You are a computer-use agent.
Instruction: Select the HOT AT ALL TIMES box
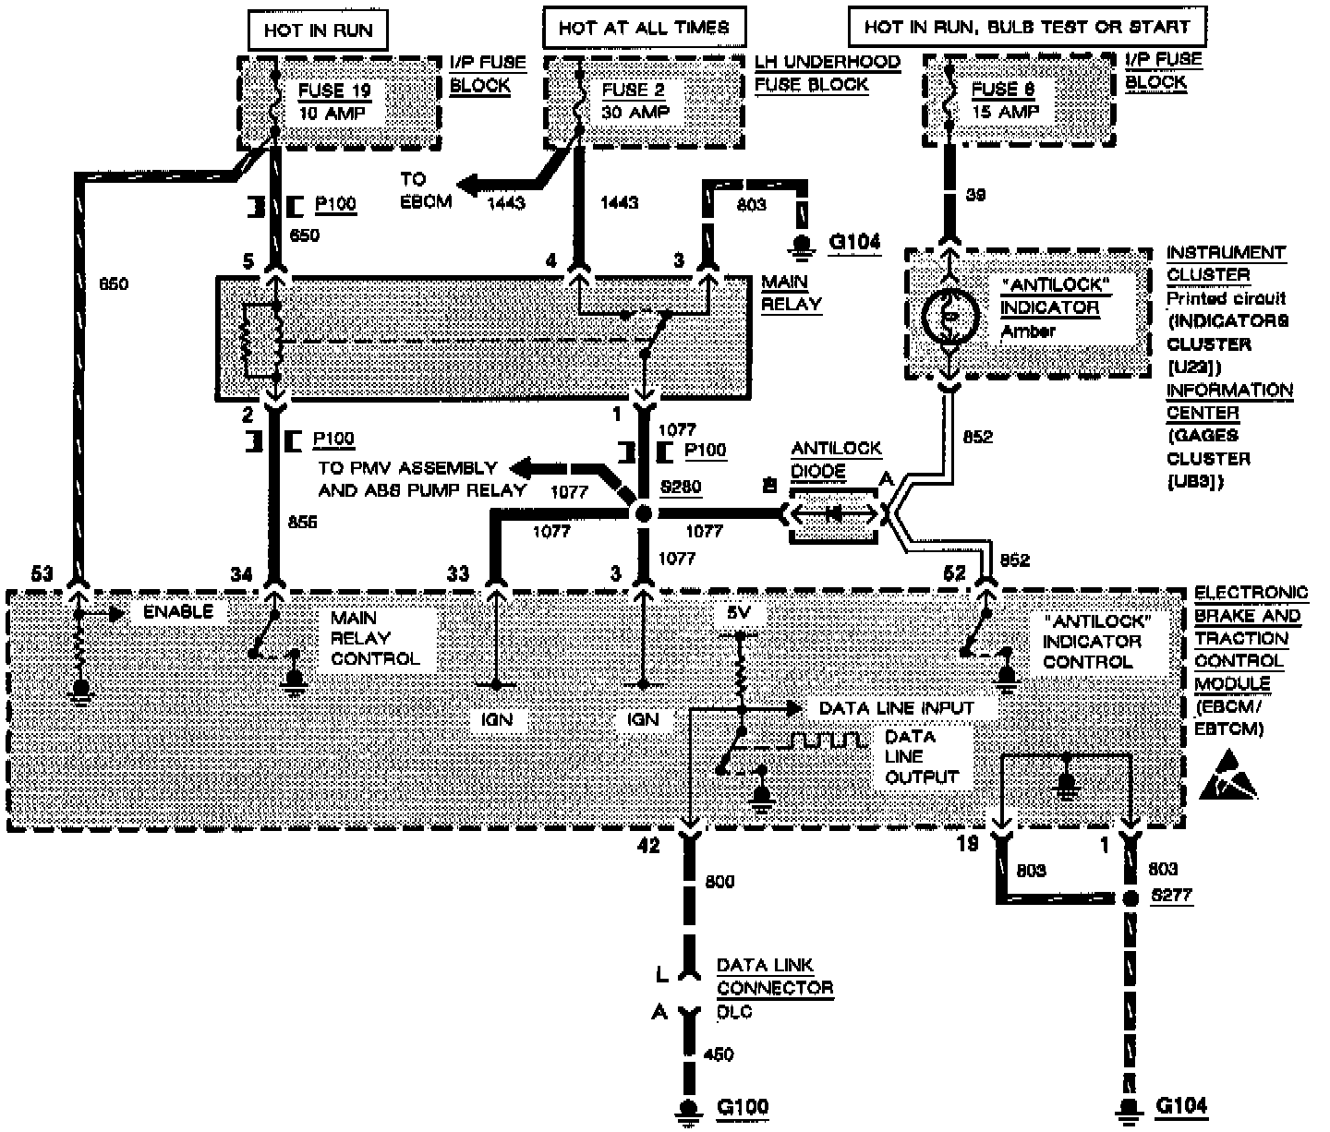coord(643,28)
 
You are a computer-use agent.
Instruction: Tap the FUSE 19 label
coord(333,90)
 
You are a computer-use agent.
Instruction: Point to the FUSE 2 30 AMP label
coord(635,101)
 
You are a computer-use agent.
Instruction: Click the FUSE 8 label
coord(1003,90)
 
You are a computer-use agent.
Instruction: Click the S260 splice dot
coord(644,513)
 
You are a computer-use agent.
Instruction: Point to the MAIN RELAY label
coord(791,293)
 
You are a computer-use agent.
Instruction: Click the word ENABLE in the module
coord(177,611)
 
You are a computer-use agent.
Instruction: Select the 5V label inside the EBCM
coord(739,612)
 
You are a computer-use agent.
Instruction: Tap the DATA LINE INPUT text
coord(896,708)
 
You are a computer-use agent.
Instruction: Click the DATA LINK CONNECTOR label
coord(774,977)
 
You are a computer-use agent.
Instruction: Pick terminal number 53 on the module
coord(42,574)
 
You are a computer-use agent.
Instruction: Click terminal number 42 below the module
coord(649,845)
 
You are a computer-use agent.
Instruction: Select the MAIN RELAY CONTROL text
coord(374,638)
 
